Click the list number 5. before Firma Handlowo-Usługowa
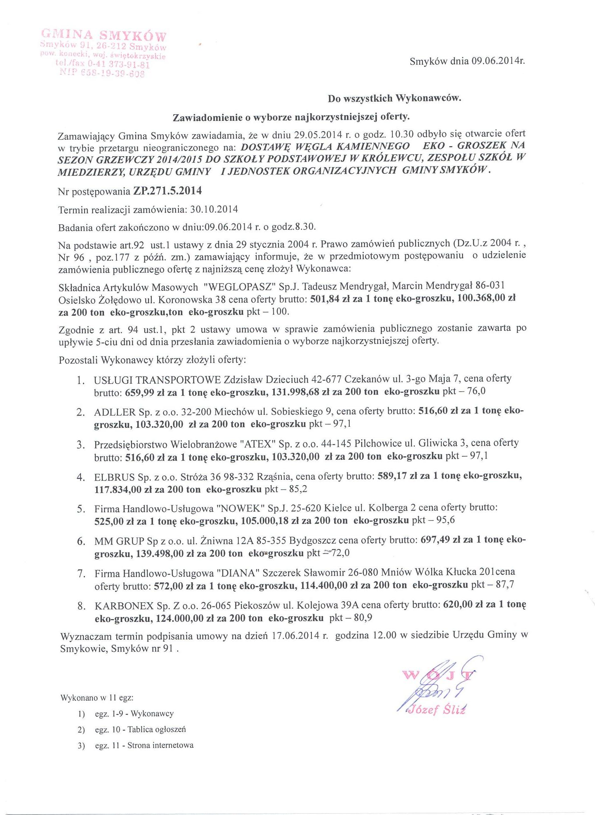(81, 509)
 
